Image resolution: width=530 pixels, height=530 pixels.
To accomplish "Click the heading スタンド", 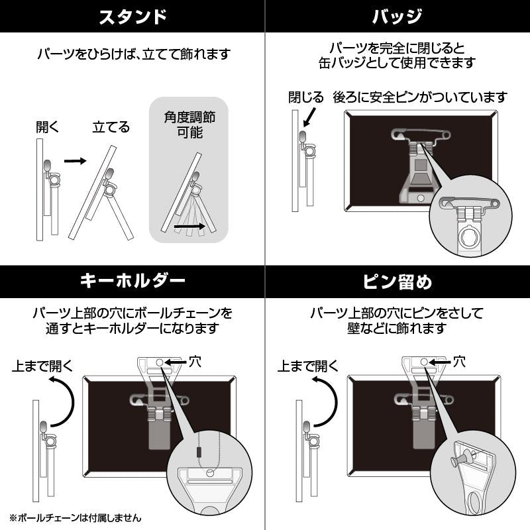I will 132,17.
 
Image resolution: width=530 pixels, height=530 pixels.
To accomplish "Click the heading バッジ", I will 397,17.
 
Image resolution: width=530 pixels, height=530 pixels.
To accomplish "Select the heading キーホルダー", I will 132,282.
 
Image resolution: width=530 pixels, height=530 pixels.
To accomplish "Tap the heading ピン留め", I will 397,282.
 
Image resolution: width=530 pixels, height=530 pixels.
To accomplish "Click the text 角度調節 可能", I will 189,124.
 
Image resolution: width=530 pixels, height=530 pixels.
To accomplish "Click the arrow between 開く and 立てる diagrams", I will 75,160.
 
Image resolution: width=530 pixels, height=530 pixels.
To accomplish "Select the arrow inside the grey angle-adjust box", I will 189,227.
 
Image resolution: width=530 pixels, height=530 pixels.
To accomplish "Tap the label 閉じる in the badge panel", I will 305,97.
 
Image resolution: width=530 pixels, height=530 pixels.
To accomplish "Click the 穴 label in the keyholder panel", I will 195,362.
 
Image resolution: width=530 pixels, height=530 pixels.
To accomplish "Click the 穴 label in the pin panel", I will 459,362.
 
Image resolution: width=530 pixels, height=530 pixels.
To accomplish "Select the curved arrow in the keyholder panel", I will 64,401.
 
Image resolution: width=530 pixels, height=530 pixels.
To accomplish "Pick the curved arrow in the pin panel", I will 329,401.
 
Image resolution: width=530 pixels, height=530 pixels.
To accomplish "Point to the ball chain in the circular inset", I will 197,450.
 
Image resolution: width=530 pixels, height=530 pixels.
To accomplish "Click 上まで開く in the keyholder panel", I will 42,365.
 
